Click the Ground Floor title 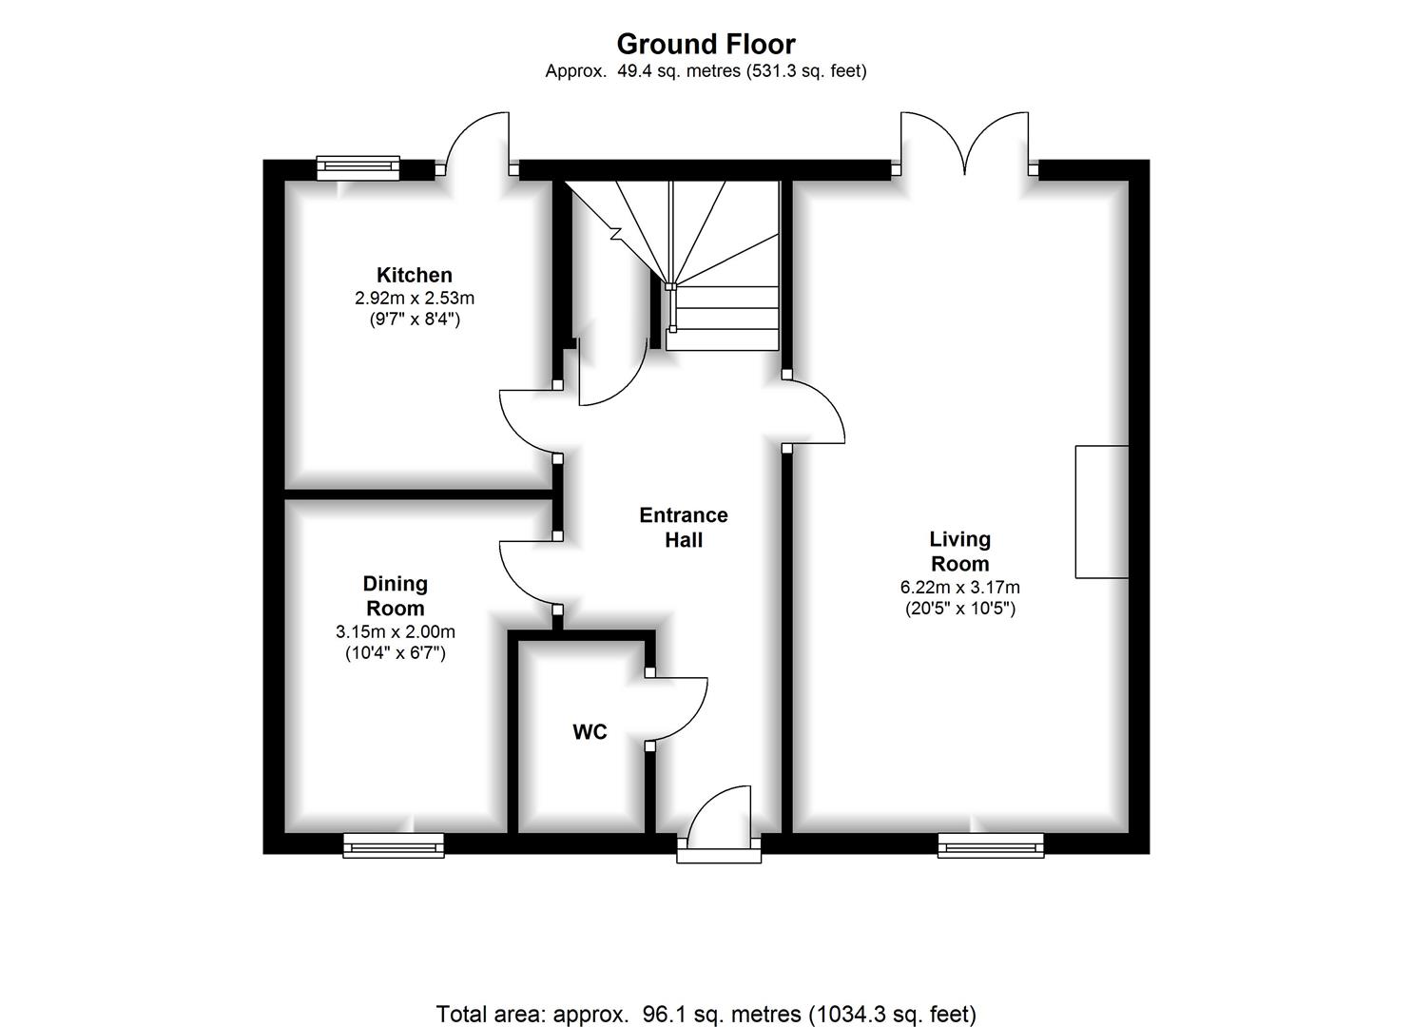pos(706,44)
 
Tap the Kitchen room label pos(415,275)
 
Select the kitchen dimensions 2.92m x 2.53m pos(415,298)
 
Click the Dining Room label pos(396,596)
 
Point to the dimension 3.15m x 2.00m pos(396,631)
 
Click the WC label pos(590,732)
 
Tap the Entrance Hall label pos(684,528)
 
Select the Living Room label pos(959,552)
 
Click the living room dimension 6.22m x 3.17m pos(959,588)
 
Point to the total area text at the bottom pos(706,1014)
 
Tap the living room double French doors pos(965,145)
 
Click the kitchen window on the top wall pos(358,168)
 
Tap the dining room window pos(394,844)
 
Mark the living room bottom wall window pos(991,844)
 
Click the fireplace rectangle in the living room pos(1102,512)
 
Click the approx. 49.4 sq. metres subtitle pos(706,71)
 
